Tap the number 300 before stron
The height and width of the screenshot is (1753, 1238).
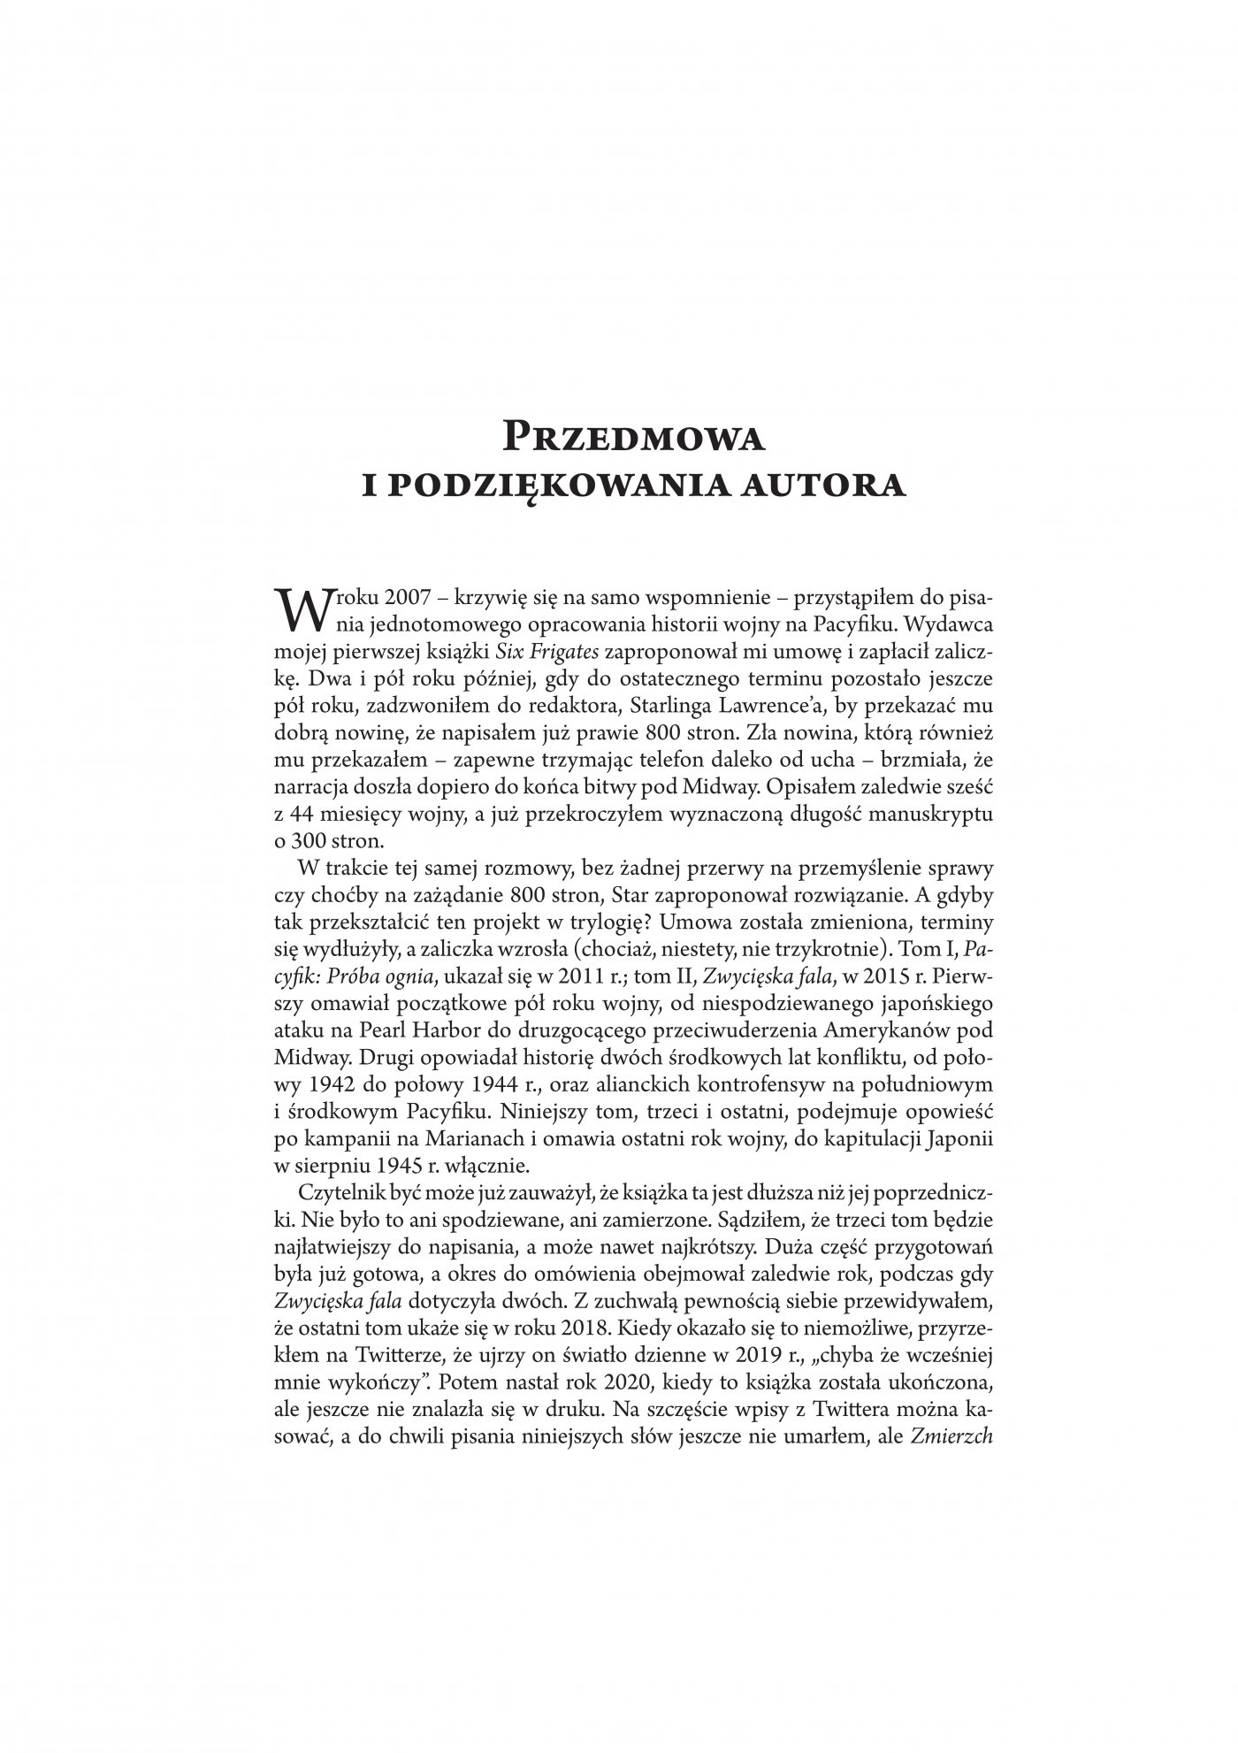(x=310, y=838)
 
